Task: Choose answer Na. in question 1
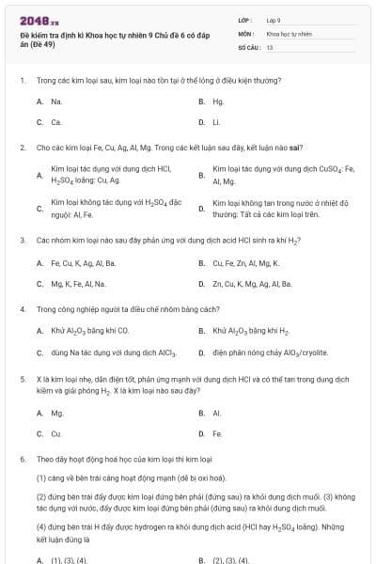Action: pos(56,101)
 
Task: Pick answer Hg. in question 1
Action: pos(218,101)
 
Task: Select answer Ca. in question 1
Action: pos(56,122)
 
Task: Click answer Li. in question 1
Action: pos(216,122)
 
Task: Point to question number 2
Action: pos(22,148)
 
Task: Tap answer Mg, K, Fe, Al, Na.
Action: pos(78,283)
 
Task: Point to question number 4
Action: pos(22,308)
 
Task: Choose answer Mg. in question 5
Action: pos(56,413)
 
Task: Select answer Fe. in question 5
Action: pos(217,433)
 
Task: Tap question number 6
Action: pos(22,459)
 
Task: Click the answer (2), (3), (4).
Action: pos(230,560)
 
